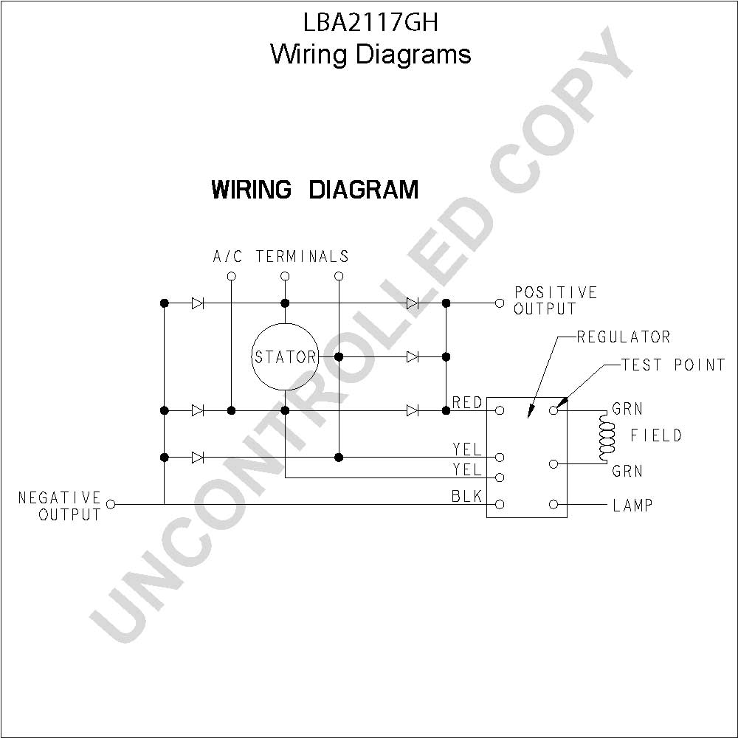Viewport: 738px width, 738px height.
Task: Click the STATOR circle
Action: click(285, 324)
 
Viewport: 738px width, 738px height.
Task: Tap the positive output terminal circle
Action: click(500, 303)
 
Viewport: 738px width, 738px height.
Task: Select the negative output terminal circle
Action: click(111, 505)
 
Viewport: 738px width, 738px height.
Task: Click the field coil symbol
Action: click(607, 437)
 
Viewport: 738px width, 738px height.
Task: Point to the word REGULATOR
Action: click(624, 337)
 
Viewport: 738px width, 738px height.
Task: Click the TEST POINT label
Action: click(674, 365)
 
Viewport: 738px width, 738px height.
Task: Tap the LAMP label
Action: click(632, 506)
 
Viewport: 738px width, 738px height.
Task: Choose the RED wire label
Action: click(467, 402)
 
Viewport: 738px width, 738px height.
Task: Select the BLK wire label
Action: click(467, 496)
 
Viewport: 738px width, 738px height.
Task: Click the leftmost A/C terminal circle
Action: click(231, 276)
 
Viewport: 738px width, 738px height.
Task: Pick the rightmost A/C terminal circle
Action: click(339, 276)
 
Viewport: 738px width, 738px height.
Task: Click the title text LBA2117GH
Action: click(371, 22)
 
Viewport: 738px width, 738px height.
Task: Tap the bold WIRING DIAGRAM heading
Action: click(315, 189)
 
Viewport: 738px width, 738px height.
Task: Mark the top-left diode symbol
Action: click(198, 303)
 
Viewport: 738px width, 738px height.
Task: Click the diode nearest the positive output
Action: click(413, 303)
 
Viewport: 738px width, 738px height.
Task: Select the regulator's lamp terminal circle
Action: click(553, 505)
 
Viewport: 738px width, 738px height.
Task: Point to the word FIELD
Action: click(656, 435)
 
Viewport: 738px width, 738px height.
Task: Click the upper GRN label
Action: click(627, 409)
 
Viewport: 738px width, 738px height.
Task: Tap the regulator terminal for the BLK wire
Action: click(500, 505)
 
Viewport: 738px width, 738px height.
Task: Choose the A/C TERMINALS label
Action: click(281, 257)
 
